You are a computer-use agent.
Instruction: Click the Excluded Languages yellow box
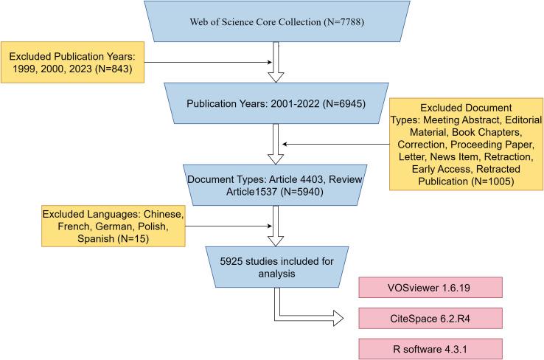point(112,226)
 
